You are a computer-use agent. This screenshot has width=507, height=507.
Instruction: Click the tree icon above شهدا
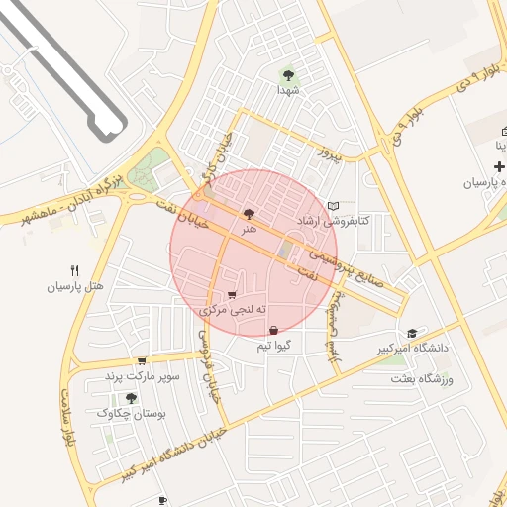click(x=288, y=74)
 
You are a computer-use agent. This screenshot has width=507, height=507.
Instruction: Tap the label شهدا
click(x=288, y=89)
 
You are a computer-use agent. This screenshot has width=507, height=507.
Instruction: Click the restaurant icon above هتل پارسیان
click(x=75, y=270)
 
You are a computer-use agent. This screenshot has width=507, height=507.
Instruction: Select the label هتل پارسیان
click(x=75, y=286)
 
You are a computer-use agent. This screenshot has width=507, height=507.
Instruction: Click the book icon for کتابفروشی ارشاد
click(x=332, y=206)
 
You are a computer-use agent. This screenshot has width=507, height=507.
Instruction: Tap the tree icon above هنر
click(x=248, y=213)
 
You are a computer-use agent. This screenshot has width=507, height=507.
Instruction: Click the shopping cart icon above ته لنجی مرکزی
click(x=232, y=295)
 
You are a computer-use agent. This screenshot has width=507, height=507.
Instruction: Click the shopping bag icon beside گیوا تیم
click(x=273, y=330)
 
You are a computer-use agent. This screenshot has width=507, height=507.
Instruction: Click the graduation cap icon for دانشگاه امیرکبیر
click(x=412, y=332)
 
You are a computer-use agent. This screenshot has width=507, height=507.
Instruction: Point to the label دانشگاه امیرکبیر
click(x=412, y=348)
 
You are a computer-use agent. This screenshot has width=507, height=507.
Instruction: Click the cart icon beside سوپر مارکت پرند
click(x=143, y=361)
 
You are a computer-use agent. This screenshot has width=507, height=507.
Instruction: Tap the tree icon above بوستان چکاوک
click(x=132, y=398)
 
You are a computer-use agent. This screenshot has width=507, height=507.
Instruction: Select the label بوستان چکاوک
click(x=132, y=414)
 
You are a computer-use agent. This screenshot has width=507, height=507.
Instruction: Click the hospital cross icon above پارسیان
click(x=498, y=167)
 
